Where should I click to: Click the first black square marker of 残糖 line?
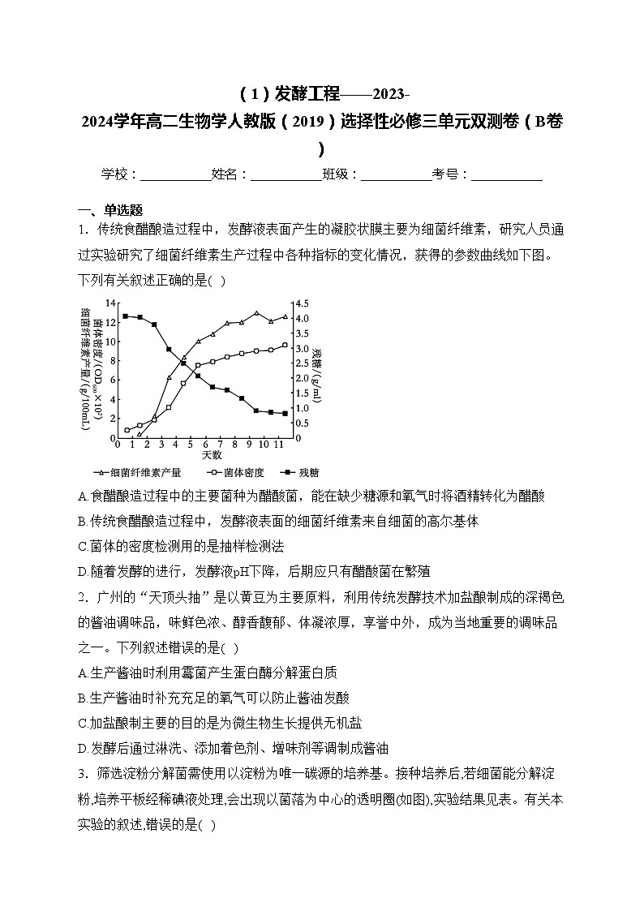(x=125, y=316)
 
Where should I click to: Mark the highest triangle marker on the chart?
(x=256, y=313)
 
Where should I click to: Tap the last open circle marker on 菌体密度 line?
(x=285, y=345)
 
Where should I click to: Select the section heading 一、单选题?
(x=110, y=209)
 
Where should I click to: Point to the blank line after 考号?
(x=507, y=174)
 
